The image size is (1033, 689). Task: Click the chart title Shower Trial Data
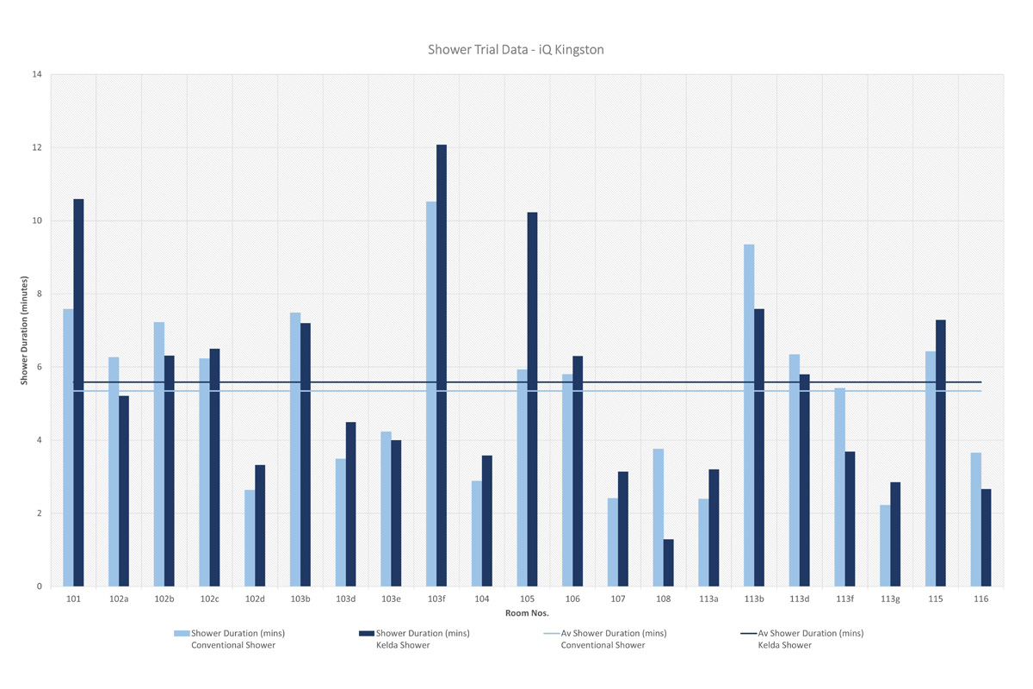point(516,50)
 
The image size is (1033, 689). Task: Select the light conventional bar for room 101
point(68,448)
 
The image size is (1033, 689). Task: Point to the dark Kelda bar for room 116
point(986,538)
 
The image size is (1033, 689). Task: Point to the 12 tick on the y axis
point(37,147)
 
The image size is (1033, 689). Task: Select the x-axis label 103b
point(300,599)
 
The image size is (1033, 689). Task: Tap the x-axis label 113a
point(708,599)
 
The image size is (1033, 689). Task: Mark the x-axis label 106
point(572,599)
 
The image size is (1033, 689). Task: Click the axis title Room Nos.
point(527,613)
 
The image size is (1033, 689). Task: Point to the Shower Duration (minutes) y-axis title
point(25,330)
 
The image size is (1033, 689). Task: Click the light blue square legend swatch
point(182,634)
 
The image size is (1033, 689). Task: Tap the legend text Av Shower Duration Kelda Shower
point(810,639)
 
